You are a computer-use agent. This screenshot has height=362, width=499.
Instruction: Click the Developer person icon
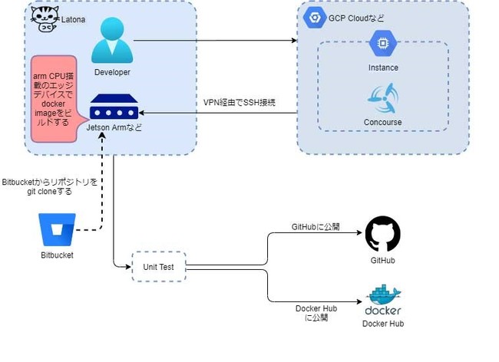click(x=112, y=40)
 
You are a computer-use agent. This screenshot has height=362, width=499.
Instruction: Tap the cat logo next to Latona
click(x=45, y=18)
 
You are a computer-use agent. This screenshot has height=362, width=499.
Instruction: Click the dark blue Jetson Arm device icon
click(x=114, y=107)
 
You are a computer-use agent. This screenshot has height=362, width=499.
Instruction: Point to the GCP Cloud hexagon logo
click(x=315, y=18)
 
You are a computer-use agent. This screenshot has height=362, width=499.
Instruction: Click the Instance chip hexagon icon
click(x=383, y=43)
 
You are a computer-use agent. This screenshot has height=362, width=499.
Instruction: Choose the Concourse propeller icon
click(x=383, y=99)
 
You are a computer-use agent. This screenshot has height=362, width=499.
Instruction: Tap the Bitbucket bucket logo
click(x=57, y=229)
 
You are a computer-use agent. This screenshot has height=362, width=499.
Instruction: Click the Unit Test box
click(x=159, y=267)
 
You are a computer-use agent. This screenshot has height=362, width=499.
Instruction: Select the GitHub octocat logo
click(x=383, y=234)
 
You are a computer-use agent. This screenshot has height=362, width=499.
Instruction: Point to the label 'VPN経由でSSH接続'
click(x=240, y=102)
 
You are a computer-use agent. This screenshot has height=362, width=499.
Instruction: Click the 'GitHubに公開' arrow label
click(x=316, y=226)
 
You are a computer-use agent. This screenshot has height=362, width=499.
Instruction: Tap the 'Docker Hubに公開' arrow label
click(x=316, y=313)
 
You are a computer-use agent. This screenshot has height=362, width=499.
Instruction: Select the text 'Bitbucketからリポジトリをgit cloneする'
click(x=49, y=187)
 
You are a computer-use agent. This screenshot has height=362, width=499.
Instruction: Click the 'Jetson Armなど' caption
click(x=114, y=127)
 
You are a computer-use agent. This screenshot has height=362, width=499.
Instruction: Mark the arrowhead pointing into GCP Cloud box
click(x=294, y=41)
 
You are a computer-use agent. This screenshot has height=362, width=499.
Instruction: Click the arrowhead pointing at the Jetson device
click(x=142, y=113)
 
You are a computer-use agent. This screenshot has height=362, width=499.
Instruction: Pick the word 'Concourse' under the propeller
click(x=383, y=122)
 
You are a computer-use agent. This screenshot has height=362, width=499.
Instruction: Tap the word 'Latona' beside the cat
click(x=73, y=20)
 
